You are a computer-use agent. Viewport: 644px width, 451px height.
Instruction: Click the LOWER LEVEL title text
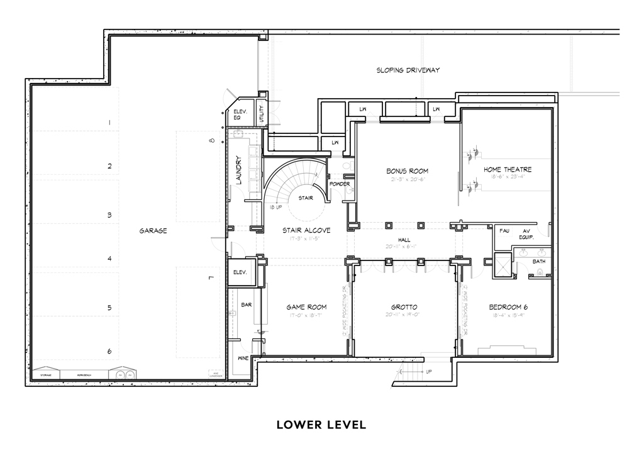[321, 425]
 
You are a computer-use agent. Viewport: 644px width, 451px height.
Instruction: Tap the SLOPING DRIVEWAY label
[408, 70]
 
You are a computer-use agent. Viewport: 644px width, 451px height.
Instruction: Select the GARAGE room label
[153, 231]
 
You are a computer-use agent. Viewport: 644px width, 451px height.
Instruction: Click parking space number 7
[212, 277]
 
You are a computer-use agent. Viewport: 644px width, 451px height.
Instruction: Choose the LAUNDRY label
[238, 170]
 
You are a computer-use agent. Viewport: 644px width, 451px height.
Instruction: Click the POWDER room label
[339, 184]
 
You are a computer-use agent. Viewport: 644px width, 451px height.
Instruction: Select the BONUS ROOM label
[407, 171]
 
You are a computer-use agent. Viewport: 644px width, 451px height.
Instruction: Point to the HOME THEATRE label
[508, 170]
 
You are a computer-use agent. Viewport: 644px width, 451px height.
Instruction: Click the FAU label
[504, 230]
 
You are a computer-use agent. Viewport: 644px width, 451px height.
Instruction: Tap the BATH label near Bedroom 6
[539, 260]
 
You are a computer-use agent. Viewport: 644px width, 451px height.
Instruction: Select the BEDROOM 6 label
[508, 308]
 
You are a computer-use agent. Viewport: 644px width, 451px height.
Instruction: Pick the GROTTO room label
[404, 308]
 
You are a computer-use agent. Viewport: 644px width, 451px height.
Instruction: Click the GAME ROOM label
[306, 308]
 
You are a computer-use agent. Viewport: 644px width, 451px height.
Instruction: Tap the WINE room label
[242, 358]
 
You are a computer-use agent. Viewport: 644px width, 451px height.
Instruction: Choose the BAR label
[247, 304]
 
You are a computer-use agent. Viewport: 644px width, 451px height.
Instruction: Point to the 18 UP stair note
[274, 206]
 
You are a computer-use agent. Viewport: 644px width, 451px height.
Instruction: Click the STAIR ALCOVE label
[306, 231]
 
